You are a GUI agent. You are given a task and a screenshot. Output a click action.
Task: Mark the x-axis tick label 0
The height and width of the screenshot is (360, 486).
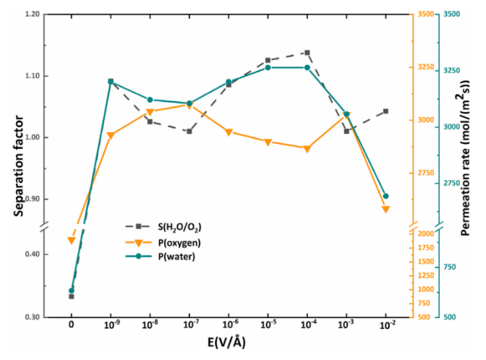pyautogui.click(x=71, y=327)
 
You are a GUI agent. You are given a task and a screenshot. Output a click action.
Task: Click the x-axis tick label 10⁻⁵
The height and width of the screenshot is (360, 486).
pyautogui.click(x=268, y=327)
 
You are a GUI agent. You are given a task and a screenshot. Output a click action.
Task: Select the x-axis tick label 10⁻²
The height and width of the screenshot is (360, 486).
pyautogui.click(x=385, y=327)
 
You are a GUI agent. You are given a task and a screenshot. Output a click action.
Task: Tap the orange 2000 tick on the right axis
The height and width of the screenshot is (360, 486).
pyautogui.click(x=425, y=234)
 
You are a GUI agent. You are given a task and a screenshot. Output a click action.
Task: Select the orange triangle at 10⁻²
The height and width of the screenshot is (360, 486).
pyautogui.click(x=385, y=210)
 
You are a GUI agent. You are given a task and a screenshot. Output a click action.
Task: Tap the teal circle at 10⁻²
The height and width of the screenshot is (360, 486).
pyautogui.click(x=385, y=196)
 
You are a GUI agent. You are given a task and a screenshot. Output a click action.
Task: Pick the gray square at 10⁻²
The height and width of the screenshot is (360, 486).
pyautogui.click(x=385, y=111)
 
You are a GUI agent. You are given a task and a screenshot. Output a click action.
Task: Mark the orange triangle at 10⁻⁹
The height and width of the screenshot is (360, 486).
pyautogui.click(x=111, y=136)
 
